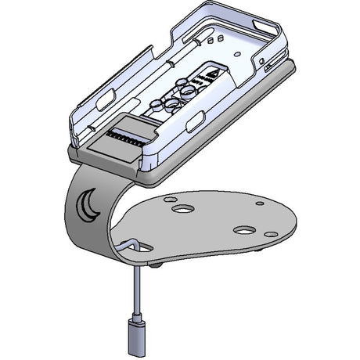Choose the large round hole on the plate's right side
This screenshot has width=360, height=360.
point(243,232)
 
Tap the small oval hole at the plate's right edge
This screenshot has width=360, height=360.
point(270,234)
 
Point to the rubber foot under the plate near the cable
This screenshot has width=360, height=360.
point(159,267)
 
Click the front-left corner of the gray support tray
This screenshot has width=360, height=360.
point(73,154)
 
